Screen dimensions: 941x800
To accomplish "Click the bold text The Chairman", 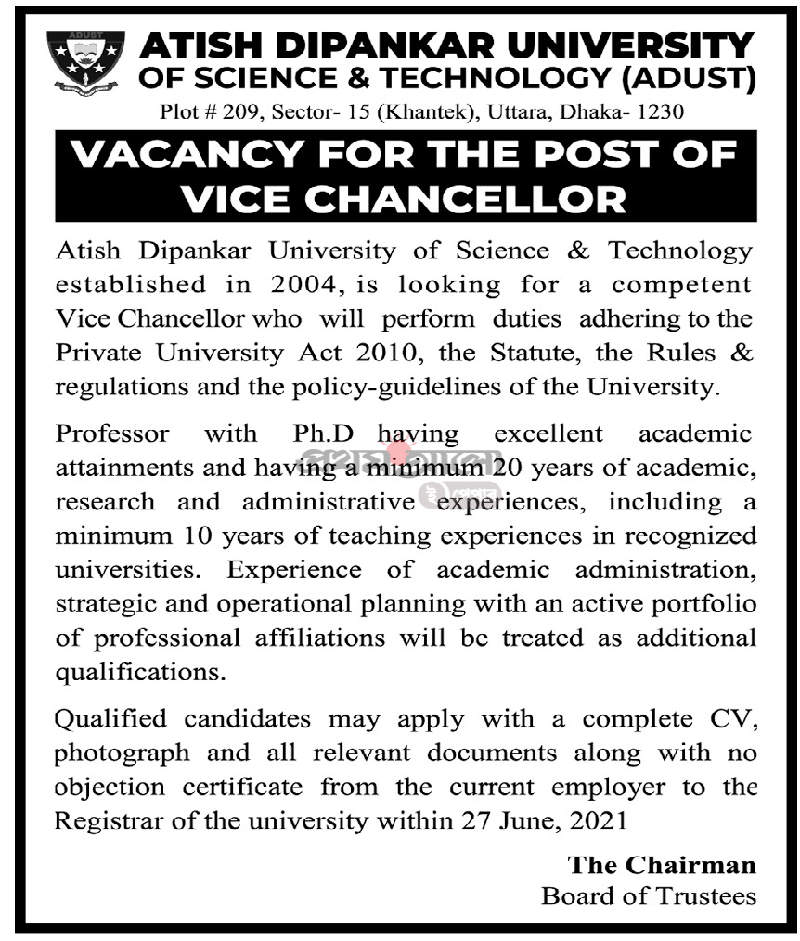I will [662, 865].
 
